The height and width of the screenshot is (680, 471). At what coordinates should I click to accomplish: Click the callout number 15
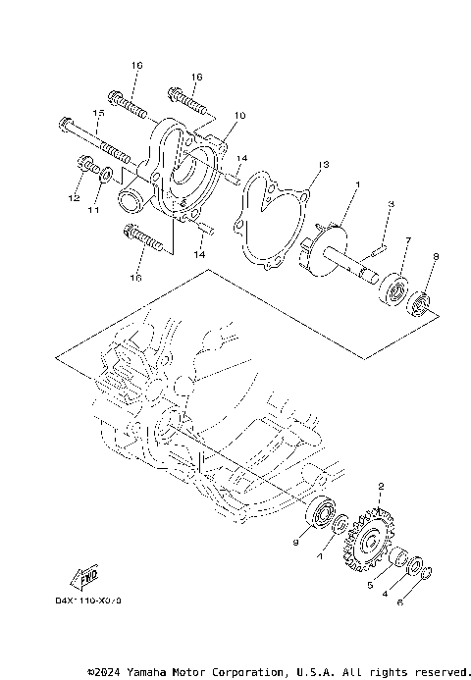(x=98, y=114)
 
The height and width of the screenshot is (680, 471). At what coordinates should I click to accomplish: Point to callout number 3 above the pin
(x=390, y=203)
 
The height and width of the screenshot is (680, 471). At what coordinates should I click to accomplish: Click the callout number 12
(x=72, y=198)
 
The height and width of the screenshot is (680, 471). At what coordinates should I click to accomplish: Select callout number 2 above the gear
(x=381, y=486)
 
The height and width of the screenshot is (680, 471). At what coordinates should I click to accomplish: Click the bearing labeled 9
(x=321, y=513)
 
